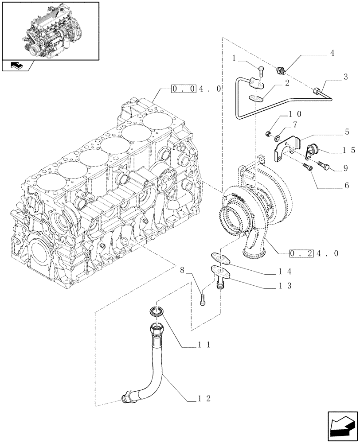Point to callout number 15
(349, 150)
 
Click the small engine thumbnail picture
(50, 31)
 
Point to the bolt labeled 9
(323, 167)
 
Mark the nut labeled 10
(269, 133)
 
